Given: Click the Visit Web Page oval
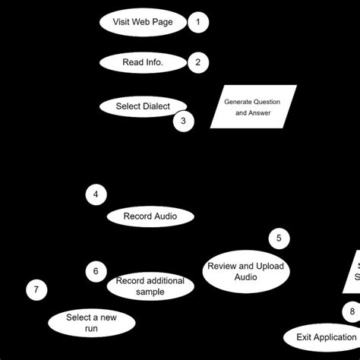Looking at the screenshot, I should click(143, 22).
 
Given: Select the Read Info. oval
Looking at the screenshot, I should click(143, 62).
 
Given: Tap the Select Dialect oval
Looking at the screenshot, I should click(143, 106).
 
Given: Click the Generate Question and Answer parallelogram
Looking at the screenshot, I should click(252, 106).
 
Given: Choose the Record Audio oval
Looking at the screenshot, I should click(150, 216).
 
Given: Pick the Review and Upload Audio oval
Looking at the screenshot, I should click(245, 271).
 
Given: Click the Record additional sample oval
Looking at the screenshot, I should click(150, 286).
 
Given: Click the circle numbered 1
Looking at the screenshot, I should click(198, 22).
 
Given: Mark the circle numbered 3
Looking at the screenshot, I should click(183, 120).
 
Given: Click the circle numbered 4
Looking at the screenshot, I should click(96, 195).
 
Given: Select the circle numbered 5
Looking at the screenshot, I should click(279, 238).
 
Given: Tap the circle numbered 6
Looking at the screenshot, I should click(96, 270).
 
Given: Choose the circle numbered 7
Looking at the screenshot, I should click(36, 289).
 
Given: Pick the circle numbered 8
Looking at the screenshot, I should click(352, 311).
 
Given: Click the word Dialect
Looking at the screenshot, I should click(155, 106).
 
